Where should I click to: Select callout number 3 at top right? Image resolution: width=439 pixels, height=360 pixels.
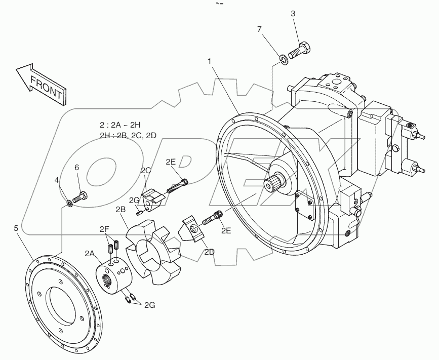293,13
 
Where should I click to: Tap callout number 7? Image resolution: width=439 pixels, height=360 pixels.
259,30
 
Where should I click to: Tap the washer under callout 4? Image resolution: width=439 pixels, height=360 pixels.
68,203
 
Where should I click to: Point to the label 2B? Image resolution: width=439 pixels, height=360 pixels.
121,209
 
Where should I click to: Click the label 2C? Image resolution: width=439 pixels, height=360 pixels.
146,170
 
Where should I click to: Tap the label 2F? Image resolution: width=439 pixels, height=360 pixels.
104,229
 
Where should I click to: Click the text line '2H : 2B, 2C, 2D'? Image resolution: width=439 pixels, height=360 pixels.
128,135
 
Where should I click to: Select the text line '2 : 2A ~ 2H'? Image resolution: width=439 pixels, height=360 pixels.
119,124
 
